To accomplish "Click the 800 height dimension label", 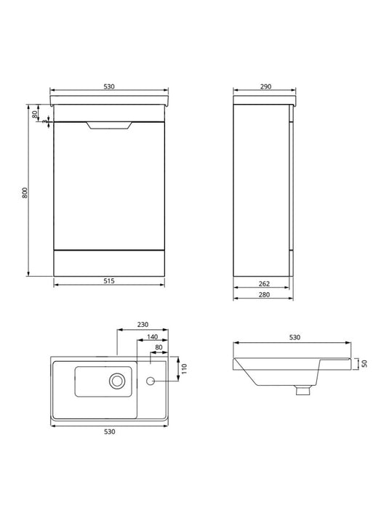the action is coord(25,193).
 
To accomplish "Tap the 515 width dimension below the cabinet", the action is coord(109,281).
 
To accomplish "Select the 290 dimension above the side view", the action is coord(265,86).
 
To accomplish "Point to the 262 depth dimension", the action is coord(264,283).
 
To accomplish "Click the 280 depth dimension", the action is coord(264,294).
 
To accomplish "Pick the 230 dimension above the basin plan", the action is coord(143,325).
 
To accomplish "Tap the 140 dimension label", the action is coord(152,337).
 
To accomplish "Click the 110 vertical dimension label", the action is coord(185,368).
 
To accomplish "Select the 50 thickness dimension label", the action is coord(364,363).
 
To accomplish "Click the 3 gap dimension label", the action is coord(44,121).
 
